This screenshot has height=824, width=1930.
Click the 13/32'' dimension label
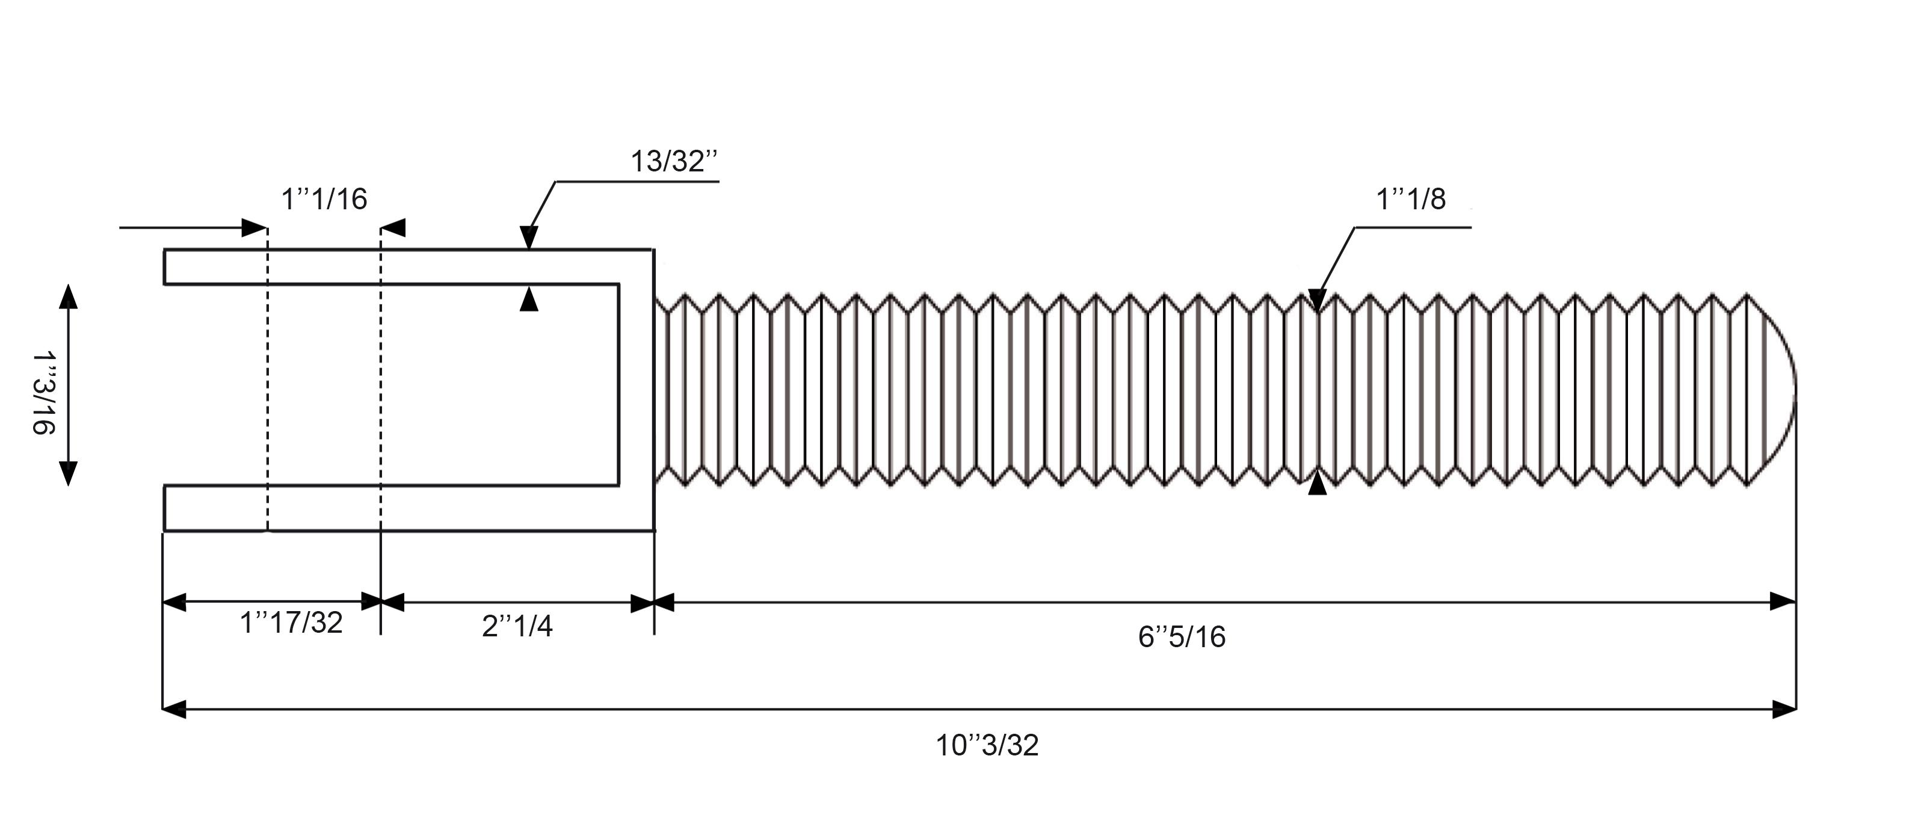[674, 161]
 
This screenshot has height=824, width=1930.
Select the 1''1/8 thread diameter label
[1411, 199]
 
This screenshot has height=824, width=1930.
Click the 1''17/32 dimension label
[291, 623]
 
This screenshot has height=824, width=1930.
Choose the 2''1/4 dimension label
[517, 626]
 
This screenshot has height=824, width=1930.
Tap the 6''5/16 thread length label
[1182, 637]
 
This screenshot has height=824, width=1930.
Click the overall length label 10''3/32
[987, 745]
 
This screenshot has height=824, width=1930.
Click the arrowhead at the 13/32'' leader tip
[529, 238]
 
